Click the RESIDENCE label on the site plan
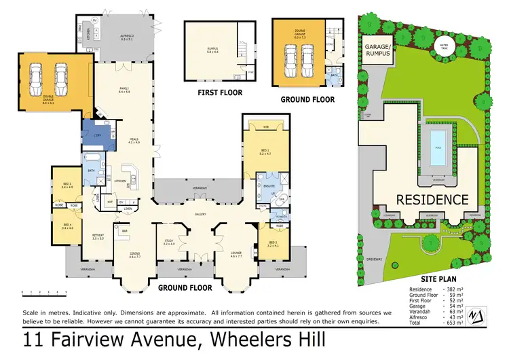click(432, 200)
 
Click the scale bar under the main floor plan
click(44, 293)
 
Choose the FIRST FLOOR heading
click(219, 92)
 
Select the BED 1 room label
click(265, 152)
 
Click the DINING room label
click(135, 255)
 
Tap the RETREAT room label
click(99, 237)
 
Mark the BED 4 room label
click(67, 225)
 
